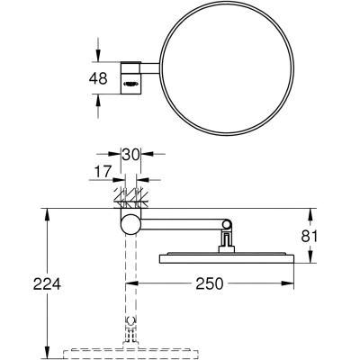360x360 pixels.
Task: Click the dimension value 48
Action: (x=98, y=78)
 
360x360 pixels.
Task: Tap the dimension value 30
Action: (x=130, y=155)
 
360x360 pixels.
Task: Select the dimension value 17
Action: (x=103, y=171)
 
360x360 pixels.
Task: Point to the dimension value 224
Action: (x=47, y=283)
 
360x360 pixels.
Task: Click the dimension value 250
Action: (x=210, y=283)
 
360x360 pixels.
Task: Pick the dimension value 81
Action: (x=309, y=236)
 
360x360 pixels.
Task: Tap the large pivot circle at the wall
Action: (x=130, y=224)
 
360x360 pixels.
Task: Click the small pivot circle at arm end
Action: (x=227, y=224)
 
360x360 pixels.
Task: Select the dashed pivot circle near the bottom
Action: (x=130, y=320)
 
